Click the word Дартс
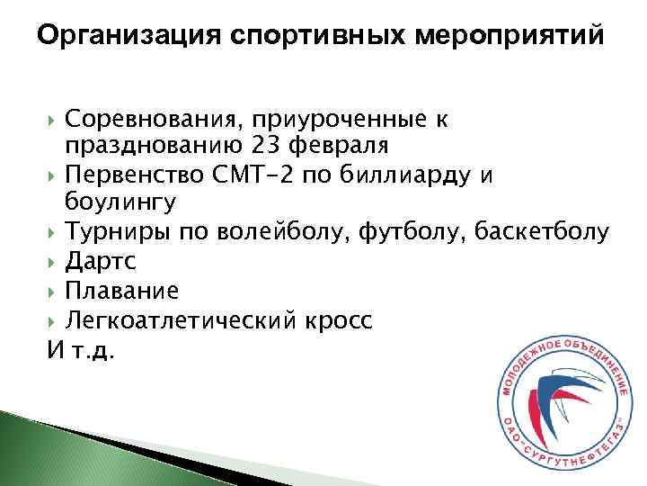pos(96,261)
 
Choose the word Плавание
pos(121,291)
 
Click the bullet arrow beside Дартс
pos(54,262)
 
